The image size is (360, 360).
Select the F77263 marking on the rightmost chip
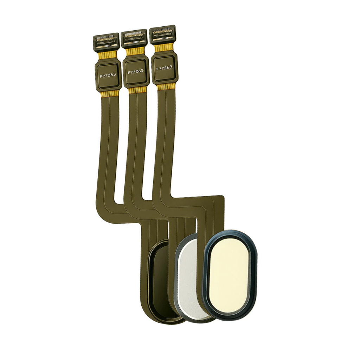(164, 68)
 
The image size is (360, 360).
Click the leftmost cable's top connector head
(106, 41)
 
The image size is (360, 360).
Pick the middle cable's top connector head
(134, 38)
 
